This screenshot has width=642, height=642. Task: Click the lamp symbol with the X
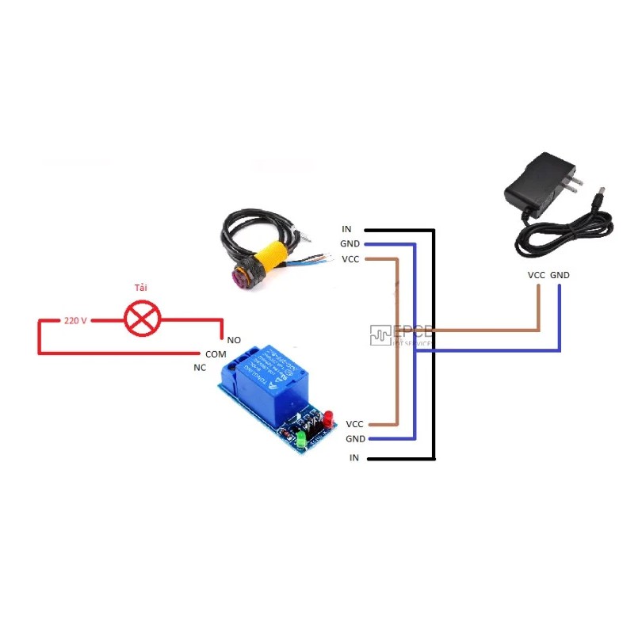coord(143,319)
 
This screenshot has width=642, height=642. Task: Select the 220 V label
coord(75,320)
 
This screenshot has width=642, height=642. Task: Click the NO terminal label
coord(234,339)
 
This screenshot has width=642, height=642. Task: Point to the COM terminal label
coord(216,353)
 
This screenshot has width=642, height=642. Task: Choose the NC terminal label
coord(200,368)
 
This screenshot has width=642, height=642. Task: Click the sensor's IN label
coord(346,230)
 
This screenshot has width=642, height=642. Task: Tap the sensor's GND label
coord(350,244)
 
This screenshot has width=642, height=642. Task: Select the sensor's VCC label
coord(350,259)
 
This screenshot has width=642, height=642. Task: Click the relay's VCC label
coord(354,424)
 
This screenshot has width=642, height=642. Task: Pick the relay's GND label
coord(355,438)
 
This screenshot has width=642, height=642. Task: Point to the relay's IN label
coord(353,458)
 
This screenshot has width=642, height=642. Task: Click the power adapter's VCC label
coord(536,275)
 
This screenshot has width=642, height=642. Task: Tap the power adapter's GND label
coord(560,275)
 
